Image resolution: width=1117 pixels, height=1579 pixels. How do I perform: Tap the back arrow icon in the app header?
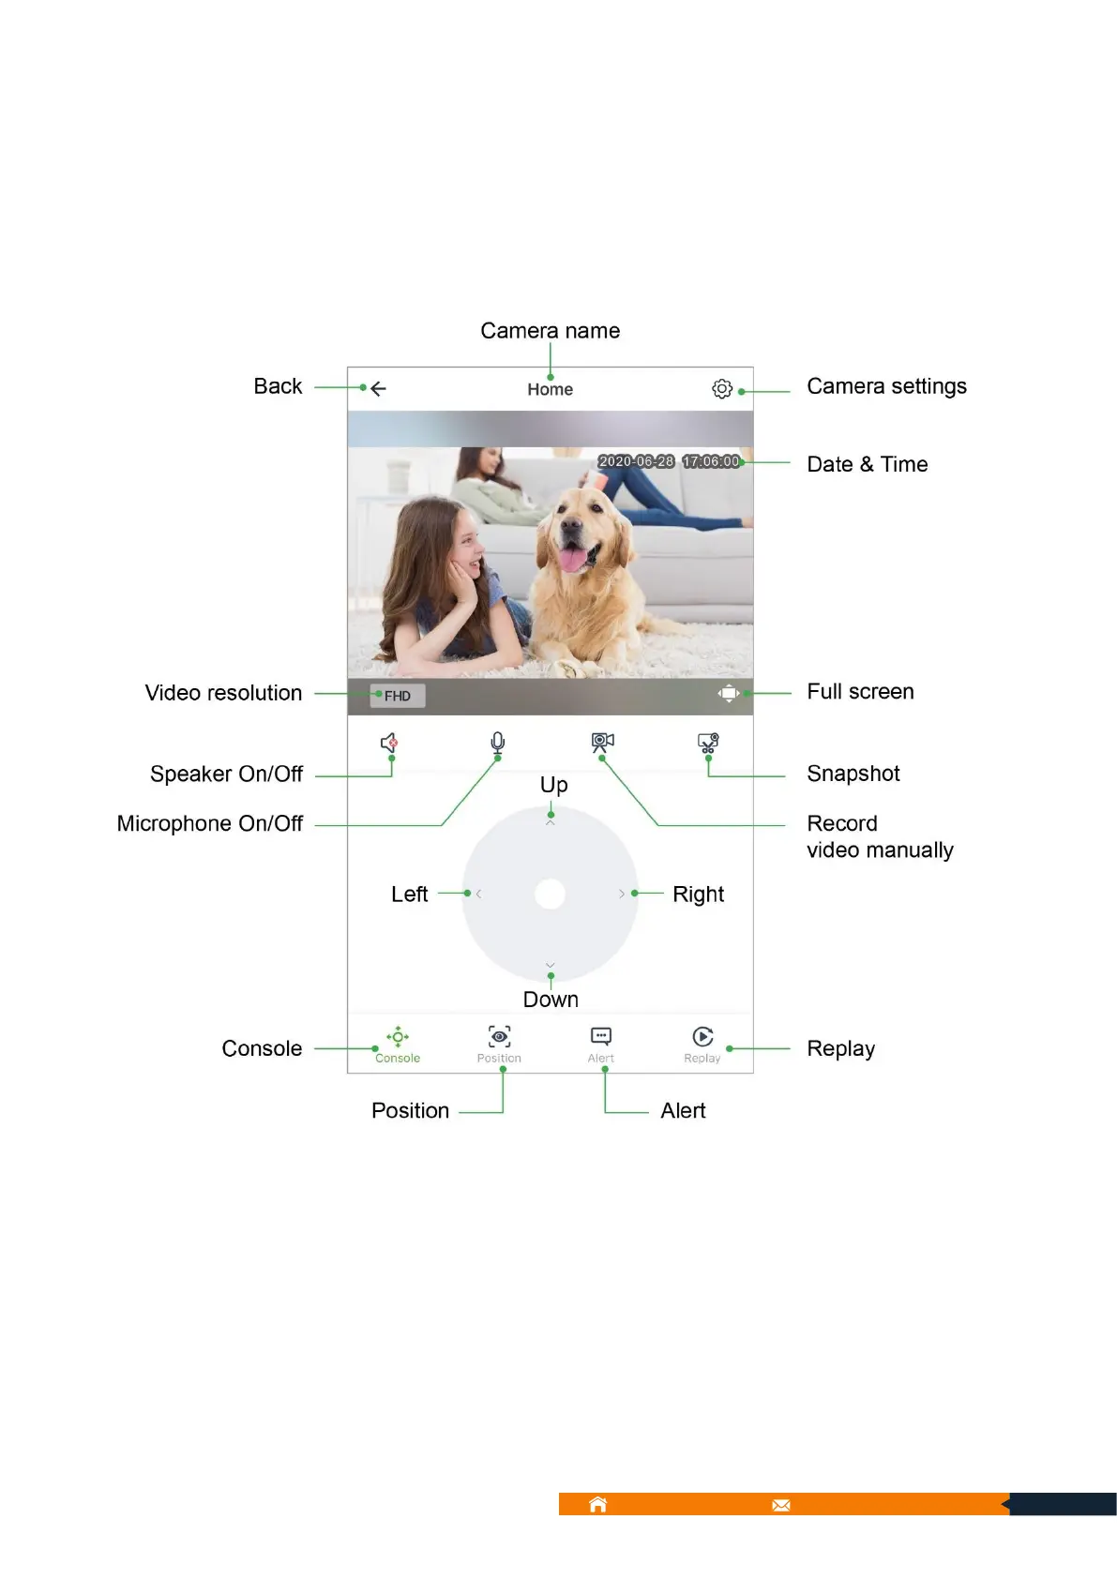[378, 388]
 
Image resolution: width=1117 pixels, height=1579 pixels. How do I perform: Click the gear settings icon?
[721, 388]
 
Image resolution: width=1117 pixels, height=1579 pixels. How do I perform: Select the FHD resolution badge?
[398, 696]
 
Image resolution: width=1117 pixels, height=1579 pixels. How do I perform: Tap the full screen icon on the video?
[728, 694]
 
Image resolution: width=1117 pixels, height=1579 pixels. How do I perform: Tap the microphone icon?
[498, 744]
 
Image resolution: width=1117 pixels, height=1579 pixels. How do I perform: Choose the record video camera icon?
[602, 743]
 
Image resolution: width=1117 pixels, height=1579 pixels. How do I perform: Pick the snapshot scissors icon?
[708, 744]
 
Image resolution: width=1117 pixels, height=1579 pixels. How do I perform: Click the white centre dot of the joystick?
[550, 894]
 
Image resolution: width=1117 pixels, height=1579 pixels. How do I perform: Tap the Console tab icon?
[398, 1037]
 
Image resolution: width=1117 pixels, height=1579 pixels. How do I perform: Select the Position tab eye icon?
[499, 1036]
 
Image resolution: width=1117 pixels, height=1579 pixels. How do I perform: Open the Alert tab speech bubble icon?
[601, 1036]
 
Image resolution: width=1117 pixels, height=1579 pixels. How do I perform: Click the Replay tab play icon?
[702, 1036]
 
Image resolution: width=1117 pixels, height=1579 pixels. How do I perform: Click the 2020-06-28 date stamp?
[636, 461]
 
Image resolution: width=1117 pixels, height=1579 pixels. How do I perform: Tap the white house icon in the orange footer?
[597, 1505]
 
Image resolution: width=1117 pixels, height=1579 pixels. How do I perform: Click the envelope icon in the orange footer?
[781, 1505]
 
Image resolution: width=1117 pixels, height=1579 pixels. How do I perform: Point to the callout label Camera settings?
[886, 386]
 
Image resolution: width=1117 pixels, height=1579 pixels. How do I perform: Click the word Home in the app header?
[550, 389]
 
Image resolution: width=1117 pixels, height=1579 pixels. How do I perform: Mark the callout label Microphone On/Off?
[210, 823]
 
